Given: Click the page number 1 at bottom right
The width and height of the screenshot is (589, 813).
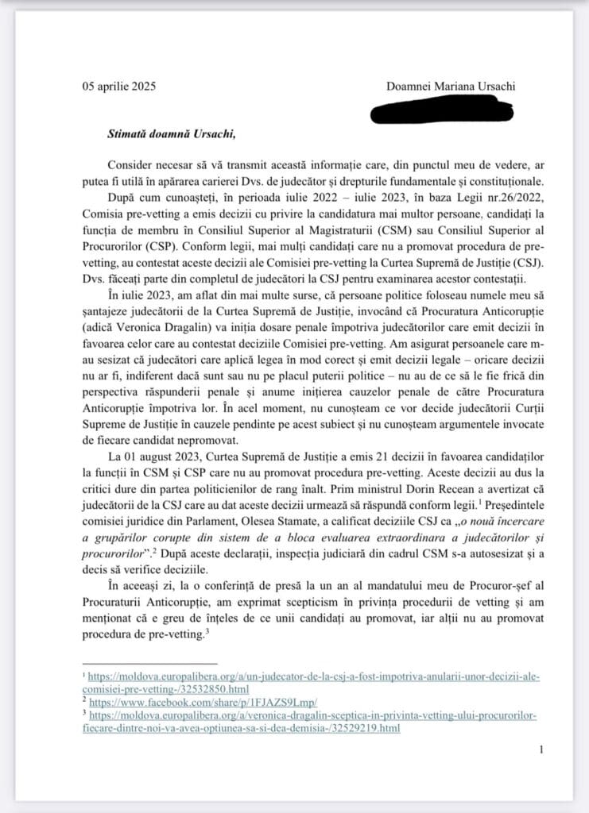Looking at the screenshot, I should tap(541, 750).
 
